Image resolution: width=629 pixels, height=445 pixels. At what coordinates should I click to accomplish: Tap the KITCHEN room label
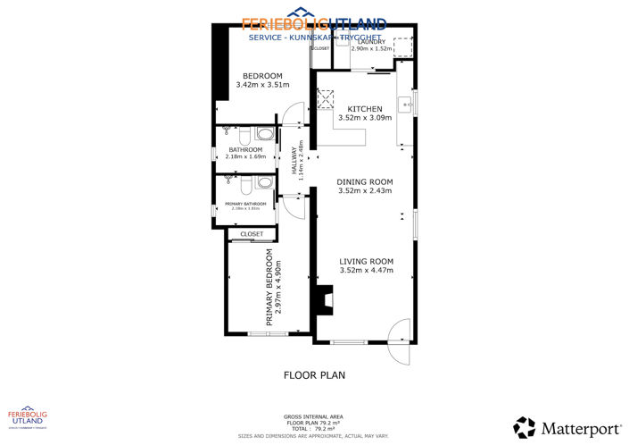tap(364, 108)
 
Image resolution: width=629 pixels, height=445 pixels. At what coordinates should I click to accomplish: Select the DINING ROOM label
tap(364, 181)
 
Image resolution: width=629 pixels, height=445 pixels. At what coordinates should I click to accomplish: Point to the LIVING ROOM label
tap(366, 262)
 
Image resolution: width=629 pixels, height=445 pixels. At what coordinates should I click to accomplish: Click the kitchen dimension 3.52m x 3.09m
tap(364, 117)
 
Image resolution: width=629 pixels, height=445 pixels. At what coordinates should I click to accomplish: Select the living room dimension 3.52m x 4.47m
tap(366, 271)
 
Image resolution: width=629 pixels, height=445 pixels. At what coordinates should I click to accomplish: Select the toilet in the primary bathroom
tap(262, 183)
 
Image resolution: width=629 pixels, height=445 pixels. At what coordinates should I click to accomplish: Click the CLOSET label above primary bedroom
tap(252, 234)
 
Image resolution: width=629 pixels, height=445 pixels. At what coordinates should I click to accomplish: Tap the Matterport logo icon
tap(524, 426)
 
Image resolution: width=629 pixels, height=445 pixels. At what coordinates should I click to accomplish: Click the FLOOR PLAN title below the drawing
tap(314, 375)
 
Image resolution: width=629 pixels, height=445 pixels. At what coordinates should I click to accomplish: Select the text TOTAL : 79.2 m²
tap(314, 428)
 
